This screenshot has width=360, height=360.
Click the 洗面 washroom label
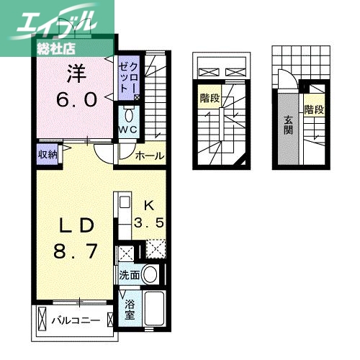click(130, 275)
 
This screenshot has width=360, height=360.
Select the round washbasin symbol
click(150, 274)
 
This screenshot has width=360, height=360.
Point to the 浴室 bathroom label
click(130, 310)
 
